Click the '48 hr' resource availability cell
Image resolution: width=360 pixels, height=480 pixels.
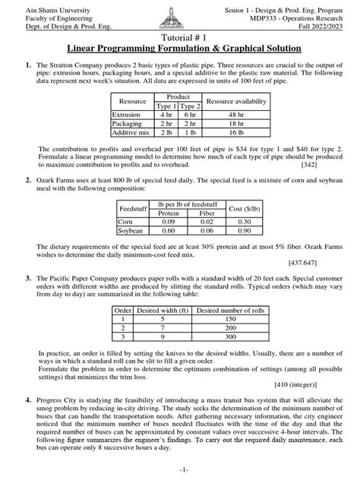[237, 115]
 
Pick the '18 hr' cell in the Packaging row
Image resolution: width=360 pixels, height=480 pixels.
[237, 122]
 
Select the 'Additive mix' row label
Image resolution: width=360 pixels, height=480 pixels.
[132, 131]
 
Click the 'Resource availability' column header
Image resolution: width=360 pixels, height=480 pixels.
[237, 102]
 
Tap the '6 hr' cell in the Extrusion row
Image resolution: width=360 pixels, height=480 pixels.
[190, 115]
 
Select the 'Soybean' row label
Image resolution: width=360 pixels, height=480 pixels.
[130, 230]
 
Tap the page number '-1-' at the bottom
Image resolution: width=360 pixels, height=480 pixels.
[180, 471]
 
